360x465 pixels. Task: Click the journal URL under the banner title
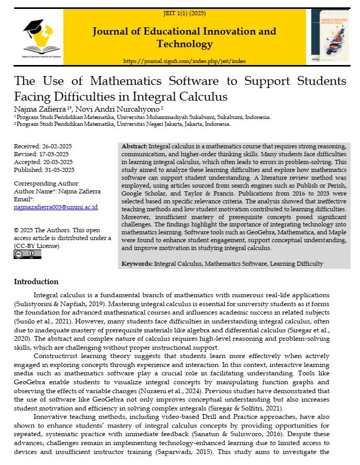(184, 61)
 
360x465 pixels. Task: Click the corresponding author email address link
(56, 207)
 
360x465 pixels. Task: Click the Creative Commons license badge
(27, 254)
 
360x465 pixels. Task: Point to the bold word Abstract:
(134, 146)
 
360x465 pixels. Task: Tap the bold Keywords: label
(137, 263)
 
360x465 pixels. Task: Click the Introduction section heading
(36, 282)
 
